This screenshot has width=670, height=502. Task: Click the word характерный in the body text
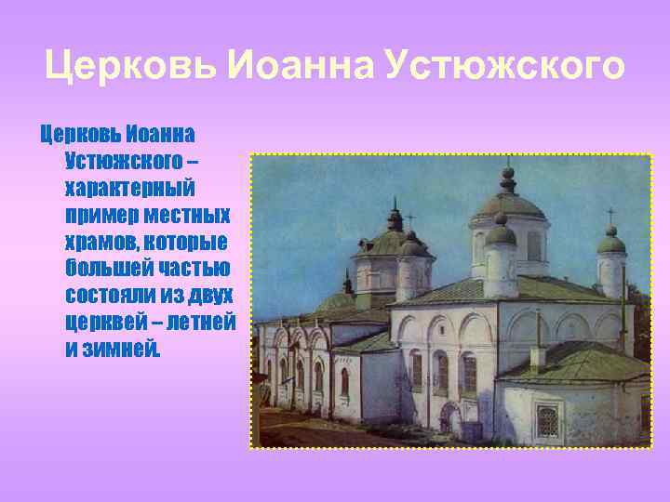pyautogui.click(x=129, y=189)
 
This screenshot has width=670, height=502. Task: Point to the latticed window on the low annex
pyautogui.click(x=547, y=421)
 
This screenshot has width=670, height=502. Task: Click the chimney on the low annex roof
pyautogui.click(x=537, y=356)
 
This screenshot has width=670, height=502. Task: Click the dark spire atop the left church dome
pyautogui.click(x=395, y=216)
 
